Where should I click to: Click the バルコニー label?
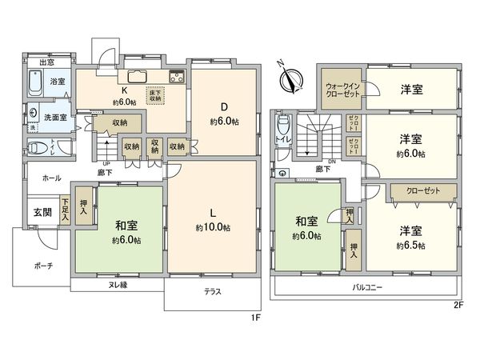coord(367,286)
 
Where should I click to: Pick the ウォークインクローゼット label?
coord(344,88)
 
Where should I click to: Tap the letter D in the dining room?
coord(223,108)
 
